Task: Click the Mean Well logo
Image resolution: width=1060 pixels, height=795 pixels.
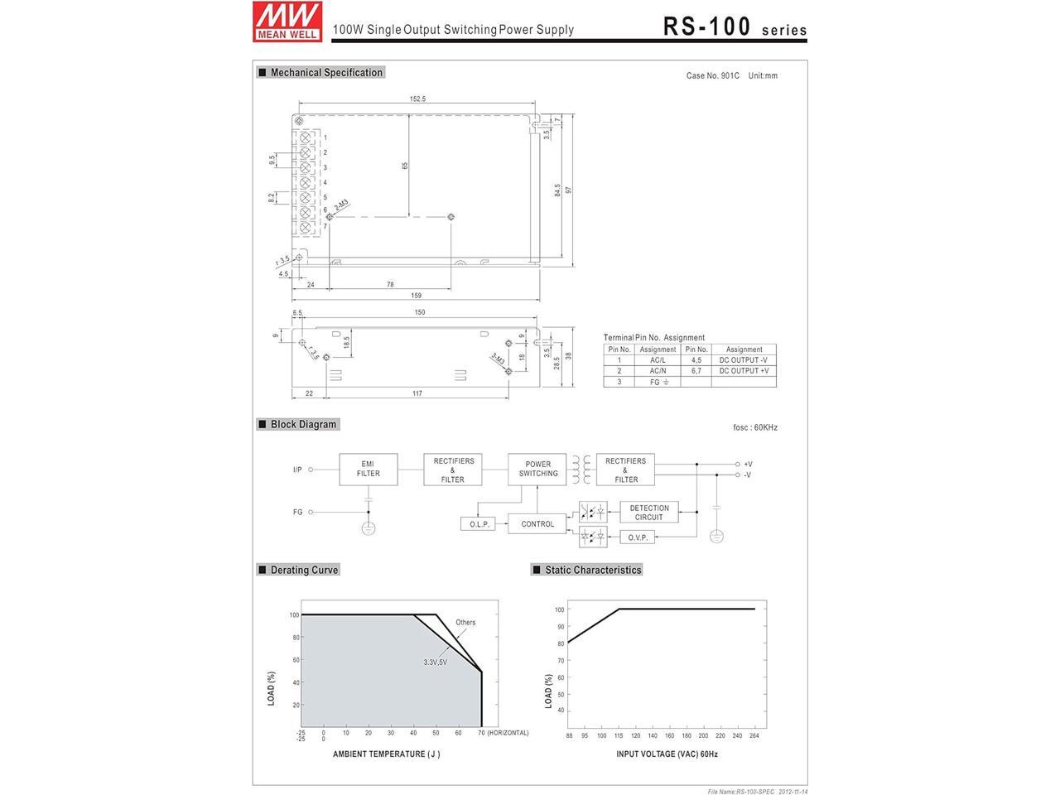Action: pyautogui.click(x=287, y=22)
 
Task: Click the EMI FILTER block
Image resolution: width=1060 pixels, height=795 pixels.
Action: pyautogui.click(x=368, y=469)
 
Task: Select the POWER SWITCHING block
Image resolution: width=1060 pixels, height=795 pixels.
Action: pyautogui.click(x=537, y=469)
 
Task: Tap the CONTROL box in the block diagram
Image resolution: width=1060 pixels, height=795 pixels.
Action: pyautogui.click(x=537, y=523)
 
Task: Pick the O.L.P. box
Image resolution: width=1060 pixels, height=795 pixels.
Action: pyautogui.click(x=478, y=524)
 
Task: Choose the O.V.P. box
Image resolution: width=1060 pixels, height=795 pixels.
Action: pyautogui.click(x=638, y=537)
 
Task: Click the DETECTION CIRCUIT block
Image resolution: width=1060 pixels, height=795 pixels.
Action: pyautogui.click(x=649, y=512)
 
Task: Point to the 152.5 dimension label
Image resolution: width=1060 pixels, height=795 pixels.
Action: pyautogui.click(x=417, y=99)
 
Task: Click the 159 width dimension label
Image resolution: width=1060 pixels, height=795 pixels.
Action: pyautogui.click(x=417, y=296)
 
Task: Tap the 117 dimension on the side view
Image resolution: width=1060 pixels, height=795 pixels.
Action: pyautogui.click(x=417, y=393)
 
